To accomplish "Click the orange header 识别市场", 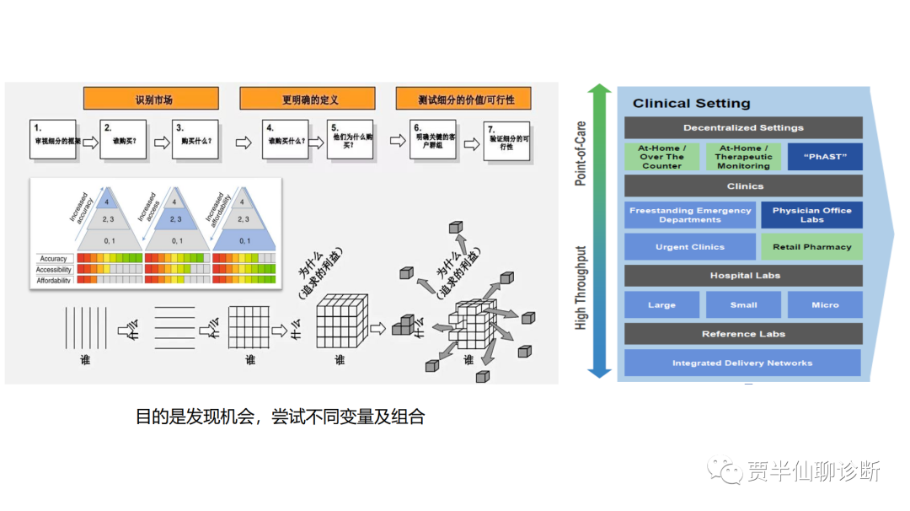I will coord(151,99).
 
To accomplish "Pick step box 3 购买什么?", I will coord(195,139).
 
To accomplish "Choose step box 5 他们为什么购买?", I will coord(350,139).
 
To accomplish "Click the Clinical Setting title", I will coord(691,104).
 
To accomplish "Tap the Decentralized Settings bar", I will coord(743,127).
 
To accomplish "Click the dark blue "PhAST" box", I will coord(825,157).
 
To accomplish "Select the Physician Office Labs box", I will coord(811,215).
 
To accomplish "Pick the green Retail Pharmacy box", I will coord(811,247).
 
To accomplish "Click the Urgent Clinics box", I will coord(689,247).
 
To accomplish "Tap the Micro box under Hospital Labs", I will coord(825,304).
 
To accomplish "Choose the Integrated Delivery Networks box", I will coord(742,363).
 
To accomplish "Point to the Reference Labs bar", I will coord(743,334).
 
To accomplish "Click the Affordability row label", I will coord(54,280).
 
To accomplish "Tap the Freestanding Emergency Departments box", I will coord(690,215).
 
